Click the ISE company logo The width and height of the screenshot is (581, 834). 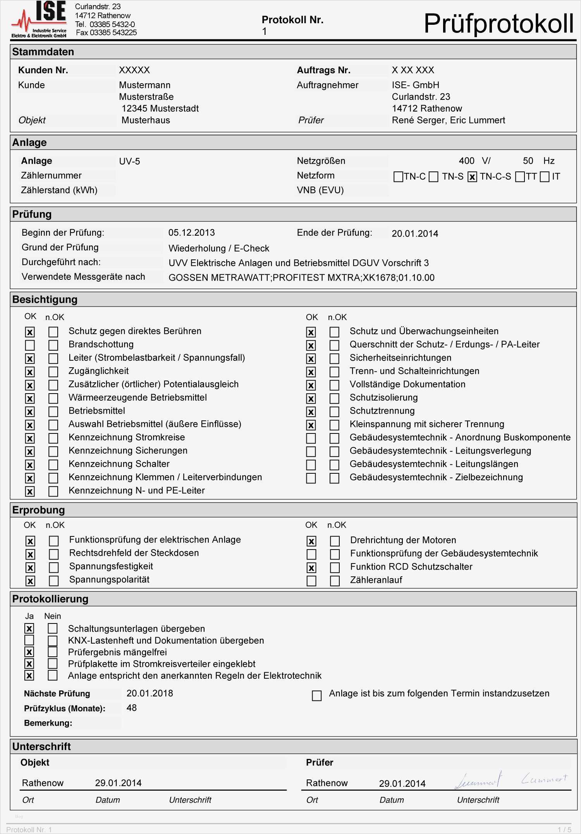tap(39, 19)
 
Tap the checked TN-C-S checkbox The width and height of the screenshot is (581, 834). tap(472, 177)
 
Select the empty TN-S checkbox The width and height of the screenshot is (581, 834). tap(434, 177)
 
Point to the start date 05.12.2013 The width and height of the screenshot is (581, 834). tap(191, 233)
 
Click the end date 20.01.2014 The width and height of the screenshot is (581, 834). tap(415, 234)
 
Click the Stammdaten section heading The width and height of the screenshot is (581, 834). tap(43, 52)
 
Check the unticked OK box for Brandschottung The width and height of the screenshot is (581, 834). tap(30, 345)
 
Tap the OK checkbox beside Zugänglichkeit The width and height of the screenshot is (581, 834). tap(30, 372)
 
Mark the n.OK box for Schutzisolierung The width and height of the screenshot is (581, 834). tap(334, 398)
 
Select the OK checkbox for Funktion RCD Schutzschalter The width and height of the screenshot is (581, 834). tap(311, 568)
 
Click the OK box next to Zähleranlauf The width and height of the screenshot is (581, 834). tap(311, 581)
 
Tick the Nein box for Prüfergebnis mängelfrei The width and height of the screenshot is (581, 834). tap(53, 652)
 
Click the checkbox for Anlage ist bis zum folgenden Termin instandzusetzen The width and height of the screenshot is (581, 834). tap(316, 696)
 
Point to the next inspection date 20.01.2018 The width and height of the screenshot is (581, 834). tap(150, 694)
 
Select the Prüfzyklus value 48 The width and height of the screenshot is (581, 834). tap(131, 708)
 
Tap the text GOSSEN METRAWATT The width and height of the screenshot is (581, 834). tap(219, 278)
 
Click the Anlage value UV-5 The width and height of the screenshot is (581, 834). tap(129, 161)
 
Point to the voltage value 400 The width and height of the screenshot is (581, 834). tap(466, 161)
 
